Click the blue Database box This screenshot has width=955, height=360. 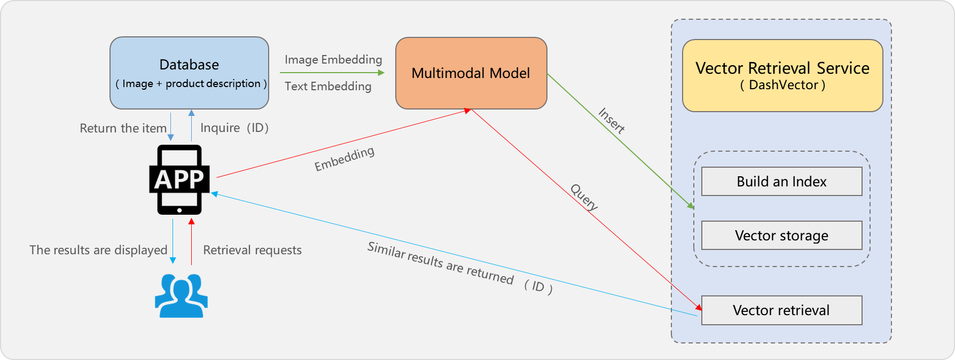coord(189,73)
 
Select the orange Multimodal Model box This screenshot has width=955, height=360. coord(471,73)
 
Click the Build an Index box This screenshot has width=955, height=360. coord(781,182)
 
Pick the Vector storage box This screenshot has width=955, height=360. coord(781,236)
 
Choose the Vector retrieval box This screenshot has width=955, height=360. coord(781,310)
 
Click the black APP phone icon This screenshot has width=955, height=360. coord(179,179)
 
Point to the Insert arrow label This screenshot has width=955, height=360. coord(612,121)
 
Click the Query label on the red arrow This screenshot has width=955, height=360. coord(584,197)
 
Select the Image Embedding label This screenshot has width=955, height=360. coord(333,59)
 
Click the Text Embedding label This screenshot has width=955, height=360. coord(328,86)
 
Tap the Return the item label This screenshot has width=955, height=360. coord(123,128)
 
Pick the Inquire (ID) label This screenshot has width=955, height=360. coord(234,128)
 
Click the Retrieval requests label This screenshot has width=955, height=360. coord(252,250)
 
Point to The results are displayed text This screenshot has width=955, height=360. coord(98,250)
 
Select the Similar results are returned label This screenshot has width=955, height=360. coord(440,263)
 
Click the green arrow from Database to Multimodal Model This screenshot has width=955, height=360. coord(331,73)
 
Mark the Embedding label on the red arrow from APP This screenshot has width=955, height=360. coord(345,159)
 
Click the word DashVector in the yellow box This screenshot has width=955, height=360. coord(783,85)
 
